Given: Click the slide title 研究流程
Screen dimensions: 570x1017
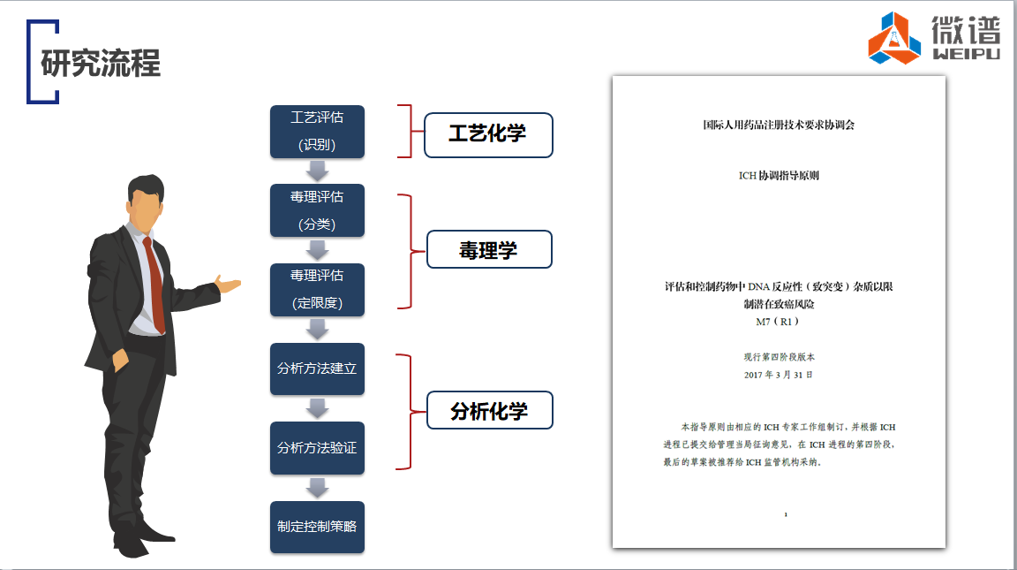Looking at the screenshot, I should (101, 65).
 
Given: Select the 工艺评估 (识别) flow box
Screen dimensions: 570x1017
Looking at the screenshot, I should (317, 132).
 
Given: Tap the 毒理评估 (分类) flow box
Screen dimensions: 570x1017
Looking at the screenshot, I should (317, 210).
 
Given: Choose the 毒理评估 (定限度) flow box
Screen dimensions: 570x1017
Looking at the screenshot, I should (317, 289).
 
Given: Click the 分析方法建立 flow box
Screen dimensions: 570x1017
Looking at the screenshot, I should (317, 369).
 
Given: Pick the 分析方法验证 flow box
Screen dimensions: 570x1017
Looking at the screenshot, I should (317, 447).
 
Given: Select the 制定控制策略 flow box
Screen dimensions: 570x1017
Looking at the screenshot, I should (317, 527).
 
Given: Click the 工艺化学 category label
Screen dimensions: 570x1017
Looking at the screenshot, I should (488, 134).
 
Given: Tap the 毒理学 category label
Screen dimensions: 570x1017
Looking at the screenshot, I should (488, 250).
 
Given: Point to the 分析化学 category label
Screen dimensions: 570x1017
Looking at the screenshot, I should (489, 411).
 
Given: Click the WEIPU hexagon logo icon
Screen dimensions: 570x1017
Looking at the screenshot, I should (894, 39).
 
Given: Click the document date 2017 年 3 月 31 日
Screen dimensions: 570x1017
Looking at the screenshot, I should (779, 375).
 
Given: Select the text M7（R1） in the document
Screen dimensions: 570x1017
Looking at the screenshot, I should (778, 322).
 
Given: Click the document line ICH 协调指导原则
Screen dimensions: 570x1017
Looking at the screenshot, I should (779, 175).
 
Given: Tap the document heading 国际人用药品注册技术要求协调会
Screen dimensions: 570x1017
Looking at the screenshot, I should (779, 125).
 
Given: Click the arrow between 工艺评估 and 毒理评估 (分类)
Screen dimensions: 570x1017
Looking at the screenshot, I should (317, 171).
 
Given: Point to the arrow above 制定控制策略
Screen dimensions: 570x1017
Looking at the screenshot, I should (317, 488).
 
